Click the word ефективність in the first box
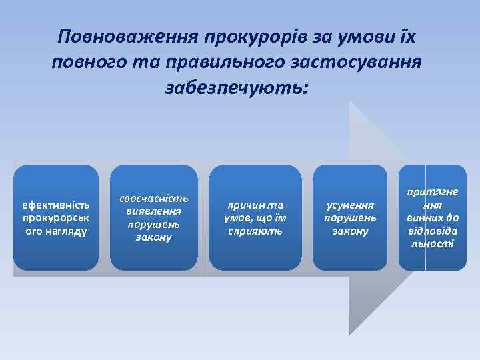[56, 205]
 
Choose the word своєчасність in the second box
[154, 198]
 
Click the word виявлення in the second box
[154, 211]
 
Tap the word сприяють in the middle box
[253, 231]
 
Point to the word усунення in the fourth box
[349, 205]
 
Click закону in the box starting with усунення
[349, 231]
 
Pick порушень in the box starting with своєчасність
[154, 224]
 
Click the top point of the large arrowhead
[351, 102]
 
